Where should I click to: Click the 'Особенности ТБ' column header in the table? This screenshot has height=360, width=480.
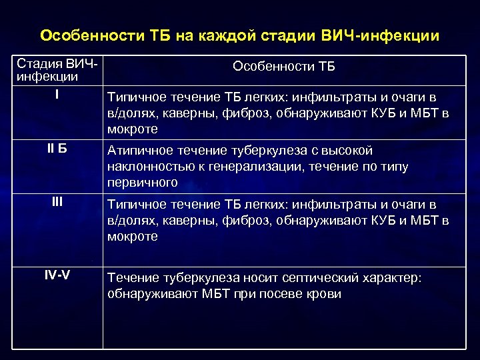tap(284, 67)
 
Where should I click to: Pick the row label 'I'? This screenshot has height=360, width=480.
tap(57, 95)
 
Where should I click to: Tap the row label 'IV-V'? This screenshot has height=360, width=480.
tap(57, 275)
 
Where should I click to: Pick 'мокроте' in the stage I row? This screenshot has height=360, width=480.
tap(133, 129)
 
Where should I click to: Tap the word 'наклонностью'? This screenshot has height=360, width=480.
tap(148, 167)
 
